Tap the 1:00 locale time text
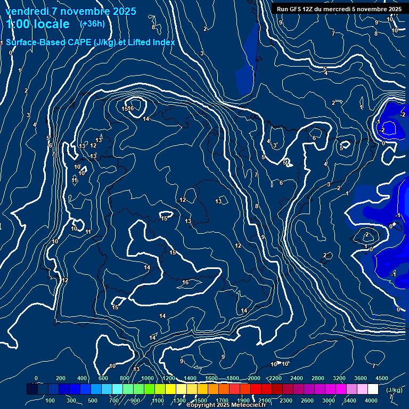click(38, 24)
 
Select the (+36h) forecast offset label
click(92, 23)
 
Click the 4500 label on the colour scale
click(382, 378)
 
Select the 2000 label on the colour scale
click(254, 378)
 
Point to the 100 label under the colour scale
click(51, 400)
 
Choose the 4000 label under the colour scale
click(371, 400)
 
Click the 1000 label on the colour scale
click(148, 378)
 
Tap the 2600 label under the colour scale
click(307, 400)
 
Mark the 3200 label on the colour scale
click(339, 378)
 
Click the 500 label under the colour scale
click(93, 400)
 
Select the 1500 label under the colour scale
click(200, 400)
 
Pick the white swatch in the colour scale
click(373, 389)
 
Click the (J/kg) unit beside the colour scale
click(394, 390)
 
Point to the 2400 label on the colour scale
click(297, 378)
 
